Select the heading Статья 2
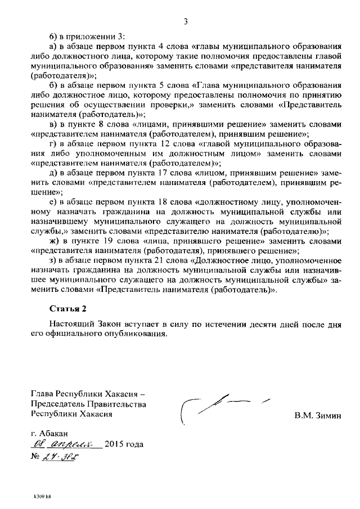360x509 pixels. coord(68,308)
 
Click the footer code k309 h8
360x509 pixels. coord(42,497)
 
